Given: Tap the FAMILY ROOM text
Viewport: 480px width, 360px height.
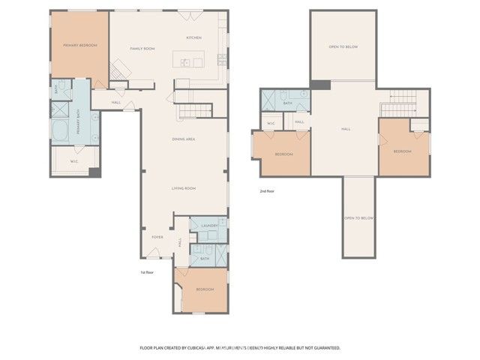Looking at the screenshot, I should pos(142,49).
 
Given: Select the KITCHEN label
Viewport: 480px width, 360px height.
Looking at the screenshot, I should pos(193,37).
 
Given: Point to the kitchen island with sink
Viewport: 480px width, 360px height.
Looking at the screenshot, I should pos(187,60).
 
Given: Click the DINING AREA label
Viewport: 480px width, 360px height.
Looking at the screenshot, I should pos(184,139).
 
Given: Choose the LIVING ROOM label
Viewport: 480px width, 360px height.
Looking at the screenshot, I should pos(184,188).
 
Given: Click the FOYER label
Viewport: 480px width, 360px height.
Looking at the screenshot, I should pos(157,237).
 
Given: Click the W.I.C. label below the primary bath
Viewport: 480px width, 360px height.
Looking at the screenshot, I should pos(74,160).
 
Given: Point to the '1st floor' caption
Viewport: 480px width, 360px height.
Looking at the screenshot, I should pos(148,272).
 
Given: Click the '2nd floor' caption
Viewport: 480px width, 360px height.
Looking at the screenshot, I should pos(268,191).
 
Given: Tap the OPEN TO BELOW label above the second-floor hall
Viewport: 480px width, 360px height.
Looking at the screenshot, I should pos(343,47).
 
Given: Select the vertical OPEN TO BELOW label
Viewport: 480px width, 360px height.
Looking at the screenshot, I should pos(358,218).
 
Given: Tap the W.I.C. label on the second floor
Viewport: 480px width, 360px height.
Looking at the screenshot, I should pos(271,123).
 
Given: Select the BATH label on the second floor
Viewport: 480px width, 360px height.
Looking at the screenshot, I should pos(287,103).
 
